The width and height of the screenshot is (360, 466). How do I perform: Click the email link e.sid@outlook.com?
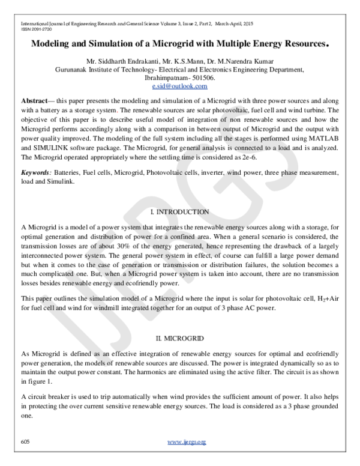pyautogui.click(x=179, y=86)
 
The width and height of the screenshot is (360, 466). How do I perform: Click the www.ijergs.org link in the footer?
pyautogui.click(x=187, y=442)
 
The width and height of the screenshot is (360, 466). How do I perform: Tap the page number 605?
pyautogui.click(x=25, y=442)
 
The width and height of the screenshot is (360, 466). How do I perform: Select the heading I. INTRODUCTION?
pyautogui.click(x=179, y=212)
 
